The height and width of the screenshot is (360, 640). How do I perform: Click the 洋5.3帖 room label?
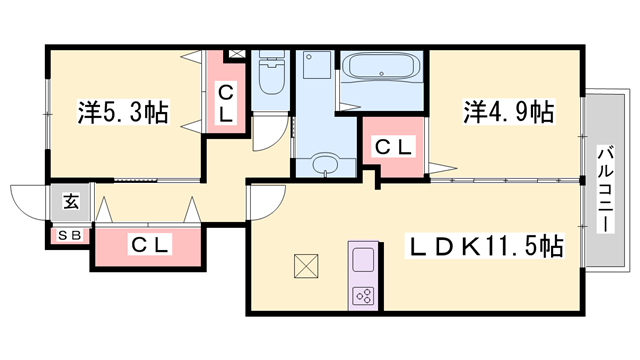click(x=123, y=112)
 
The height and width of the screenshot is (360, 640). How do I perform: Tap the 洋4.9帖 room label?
click(x=509, y=112)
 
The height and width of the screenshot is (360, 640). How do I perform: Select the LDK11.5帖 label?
click(x=484, y=246)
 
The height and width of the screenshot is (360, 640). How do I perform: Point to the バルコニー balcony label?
click(x=606, y=189)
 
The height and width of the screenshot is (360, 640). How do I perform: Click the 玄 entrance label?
click(x=71, y=202)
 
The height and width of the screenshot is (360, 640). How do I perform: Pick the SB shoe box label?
click(x=70, y=235)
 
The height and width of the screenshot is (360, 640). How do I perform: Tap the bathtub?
click(x=381, y=66)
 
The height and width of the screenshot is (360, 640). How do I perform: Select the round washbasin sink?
click(x=325, y=164)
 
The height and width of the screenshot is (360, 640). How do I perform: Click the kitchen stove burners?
click(x=363, y=296)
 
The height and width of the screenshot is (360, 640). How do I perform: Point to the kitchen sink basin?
click(x=363, y=260)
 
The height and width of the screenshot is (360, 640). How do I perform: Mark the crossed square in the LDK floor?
click(x=306, y=266)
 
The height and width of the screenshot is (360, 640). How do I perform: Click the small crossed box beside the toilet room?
click(x=236, y=53)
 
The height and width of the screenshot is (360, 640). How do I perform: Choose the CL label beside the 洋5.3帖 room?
click(x=225, y=104)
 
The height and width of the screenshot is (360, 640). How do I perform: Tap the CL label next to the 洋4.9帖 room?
click(x=393, y=147)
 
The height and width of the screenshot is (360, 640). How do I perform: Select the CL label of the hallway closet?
click(x=150, y=245)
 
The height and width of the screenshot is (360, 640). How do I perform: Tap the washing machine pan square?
click(x=317, y=64)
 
